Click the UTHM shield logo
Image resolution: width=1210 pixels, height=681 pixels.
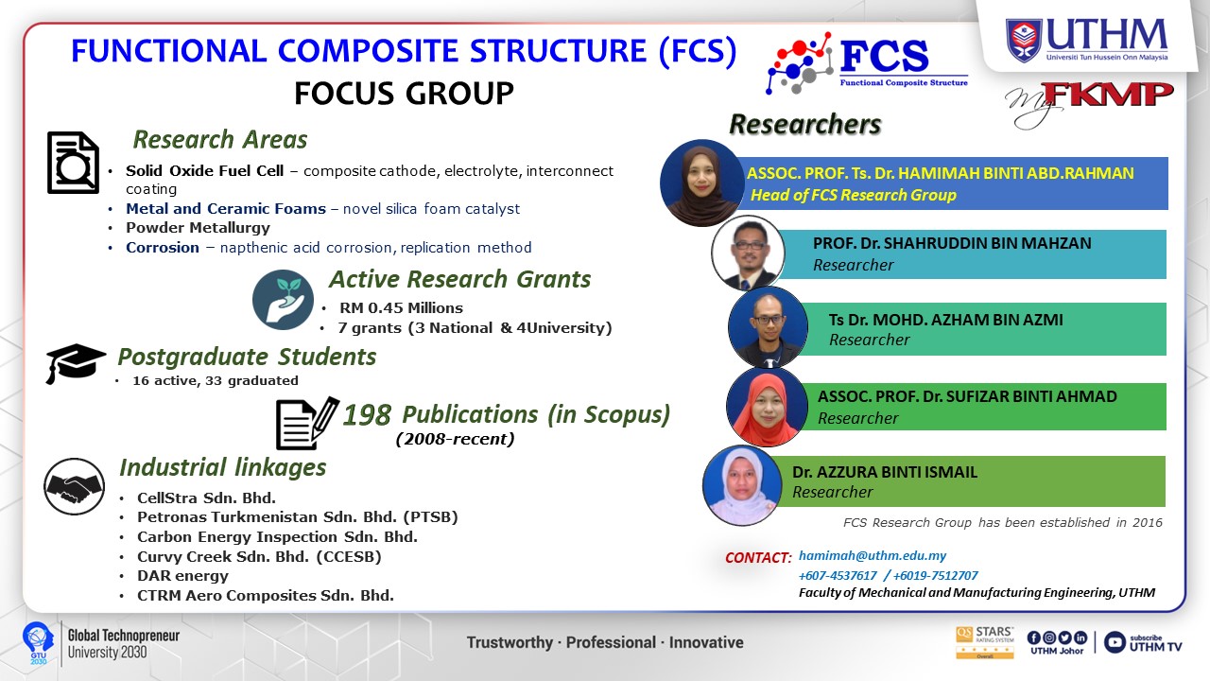point(1023,41)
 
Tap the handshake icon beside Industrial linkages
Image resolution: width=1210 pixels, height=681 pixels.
point(74,486)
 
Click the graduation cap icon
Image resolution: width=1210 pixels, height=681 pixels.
point(75,363)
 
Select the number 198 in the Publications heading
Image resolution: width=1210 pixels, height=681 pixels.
point(367,415)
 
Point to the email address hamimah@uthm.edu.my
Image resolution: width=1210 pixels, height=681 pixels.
point(873,555)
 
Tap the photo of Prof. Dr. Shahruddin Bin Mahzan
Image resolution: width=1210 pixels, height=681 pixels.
point(748,253)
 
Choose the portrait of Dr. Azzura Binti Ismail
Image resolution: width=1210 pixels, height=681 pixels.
point(742,485)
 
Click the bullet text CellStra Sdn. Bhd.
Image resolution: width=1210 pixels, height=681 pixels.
point(206,498)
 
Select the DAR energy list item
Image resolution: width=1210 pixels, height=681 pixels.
point(182,576)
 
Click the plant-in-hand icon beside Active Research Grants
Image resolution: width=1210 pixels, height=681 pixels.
point(283,300)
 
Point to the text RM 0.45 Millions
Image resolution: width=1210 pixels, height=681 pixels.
point(402,308)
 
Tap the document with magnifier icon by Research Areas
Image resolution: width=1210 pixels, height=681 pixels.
point(74,163)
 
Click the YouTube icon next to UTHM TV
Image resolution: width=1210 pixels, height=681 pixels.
point(1115,642)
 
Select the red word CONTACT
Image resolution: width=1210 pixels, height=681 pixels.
point(758,558)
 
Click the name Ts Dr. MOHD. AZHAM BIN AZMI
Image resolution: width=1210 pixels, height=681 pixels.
point(946,320)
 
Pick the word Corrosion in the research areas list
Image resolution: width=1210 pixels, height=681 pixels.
point(163,248)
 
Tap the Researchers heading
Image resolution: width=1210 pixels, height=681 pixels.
point(805,124)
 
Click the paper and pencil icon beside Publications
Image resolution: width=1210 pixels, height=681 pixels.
point(307,424)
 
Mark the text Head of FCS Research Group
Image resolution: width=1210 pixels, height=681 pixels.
point(854,195)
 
